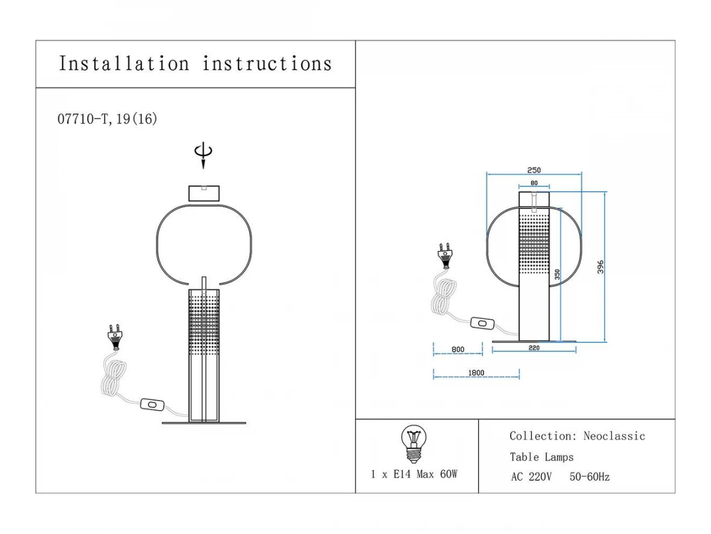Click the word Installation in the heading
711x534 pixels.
tap(124, 63)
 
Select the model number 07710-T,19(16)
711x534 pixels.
tap(107, 119)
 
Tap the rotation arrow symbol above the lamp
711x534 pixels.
tap(203, 155)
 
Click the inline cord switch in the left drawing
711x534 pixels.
tap(152, 405)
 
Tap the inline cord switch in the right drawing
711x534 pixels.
tap(482, 323)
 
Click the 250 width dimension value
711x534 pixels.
tap(533, 170)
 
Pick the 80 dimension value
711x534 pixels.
tap(534, 183)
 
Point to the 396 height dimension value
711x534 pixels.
tap(600, 268)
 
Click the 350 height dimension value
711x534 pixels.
tap(557, 274)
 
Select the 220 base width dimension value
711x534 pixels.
tap(534, 348)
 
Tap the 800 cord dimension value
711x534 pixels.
tap(457, 349)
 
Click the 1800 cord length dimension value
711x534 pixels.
tap(476, 373)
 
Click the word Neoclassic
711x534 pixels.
tap(614, 436)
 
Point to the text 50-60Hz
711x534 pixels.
tap(590, 476)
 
